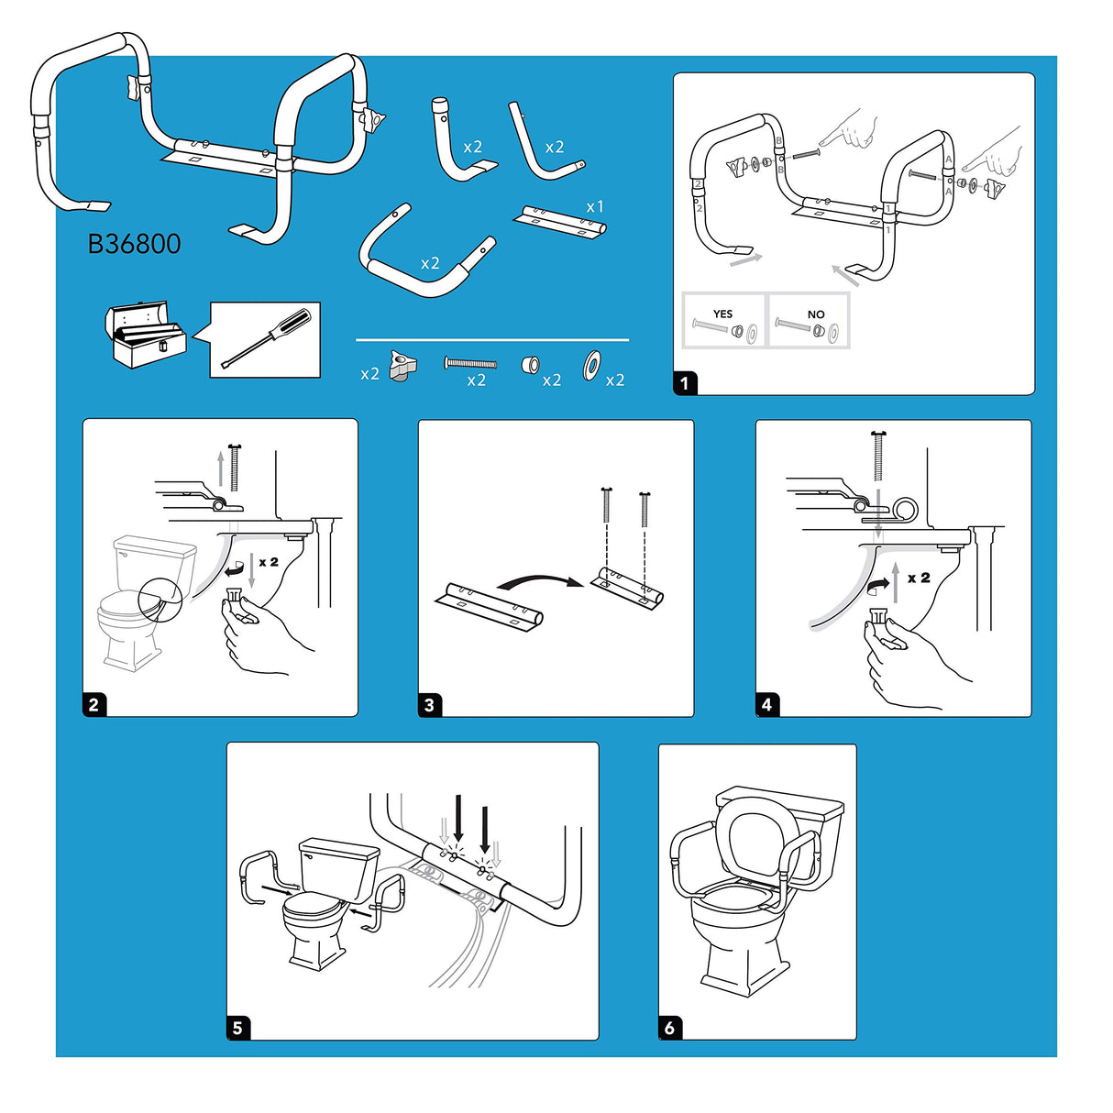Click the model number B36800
point(134,244)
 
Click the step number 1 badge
point(685,382)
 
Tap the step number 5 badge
point(237,1027)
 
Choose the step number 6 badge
point(669,1027)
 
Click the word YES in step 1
point(722,314)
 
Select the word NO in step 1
point(816,314)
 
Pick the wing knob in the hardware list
point(401,366)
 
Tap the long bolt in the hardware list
point(470,364)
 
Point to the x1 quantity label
point(595,207)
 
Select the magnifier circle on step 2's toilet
point(160,601)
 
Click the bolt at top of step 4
point(878,456)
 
